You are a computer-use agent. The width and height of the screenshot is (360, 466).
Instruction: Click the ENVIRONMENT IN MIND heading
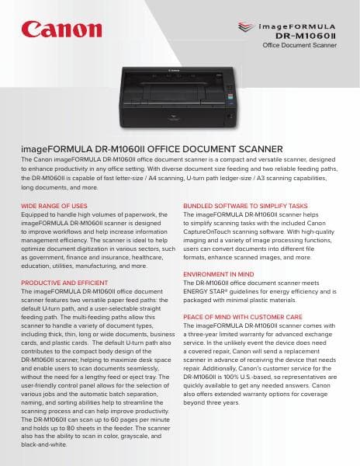(x=218, y=274)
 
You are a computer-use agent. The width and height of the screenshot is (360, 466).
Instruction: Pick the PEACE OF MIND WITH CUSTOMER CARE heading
(x=242, y=317)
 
